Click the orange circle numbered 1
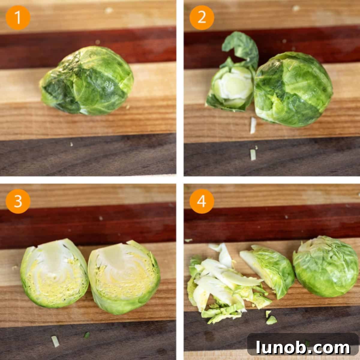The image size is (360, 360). (18, 18)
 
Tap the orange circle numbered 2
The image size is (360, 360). (202, 18)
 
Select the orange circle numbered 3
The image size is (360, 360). (18, 201)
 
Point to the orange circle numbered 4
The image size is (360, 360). (202, 201)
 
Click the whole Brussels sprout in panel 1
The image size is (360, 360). (87, 81)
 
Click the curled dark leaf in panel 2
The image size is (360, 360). (241, 48)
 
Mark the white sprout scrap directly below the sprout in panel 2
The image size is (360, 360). (253, 125)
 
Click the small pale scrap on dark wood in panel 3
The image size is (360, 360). (55, 341)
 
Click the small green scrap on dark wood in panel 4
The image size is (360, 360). (271, 320)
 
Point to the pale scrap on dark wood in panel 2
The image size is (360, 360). (253, 154)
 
